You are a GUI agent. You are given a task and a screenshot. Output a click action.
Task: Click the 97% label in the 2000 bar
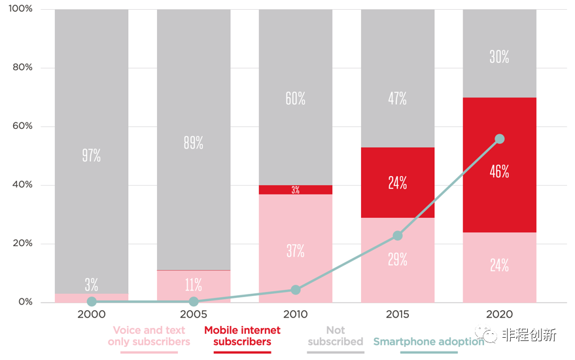92,156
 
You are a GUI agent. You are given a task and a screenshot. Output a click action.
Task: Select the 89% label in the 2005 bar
194,143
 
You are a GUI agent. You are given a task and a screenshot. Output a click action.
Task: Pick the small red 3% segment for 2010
296,190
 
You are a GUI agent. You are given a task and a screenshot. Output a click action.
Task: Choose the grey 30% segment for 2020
499,57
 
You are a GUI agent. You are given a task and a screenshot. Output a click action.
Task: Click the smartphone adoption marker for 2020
500,139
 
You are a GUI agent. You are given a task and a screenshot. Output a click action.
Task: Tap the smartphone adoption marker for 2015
397,236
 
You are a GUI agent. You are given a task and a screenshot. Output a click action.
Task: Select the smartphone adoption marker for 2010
296,290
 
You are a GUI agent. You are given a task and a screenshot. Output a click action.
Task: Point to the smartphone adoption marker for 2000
92,302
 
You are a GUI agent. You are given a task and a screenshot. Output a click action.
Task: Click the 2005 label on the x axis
194,314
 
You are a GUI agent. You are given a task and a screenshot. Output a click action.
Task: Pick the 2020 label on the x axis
499,314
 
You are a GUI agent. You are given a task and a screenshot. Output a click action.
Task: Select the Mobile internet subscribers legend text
242,336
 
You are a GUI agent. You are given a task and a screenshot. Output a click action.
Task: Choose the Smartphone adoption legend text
428,342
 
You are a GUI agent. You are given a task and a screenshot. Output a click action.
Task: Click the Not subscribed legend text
336,336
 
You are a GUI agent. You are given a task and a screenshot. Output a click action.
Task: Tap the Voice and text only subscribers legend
149,336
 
